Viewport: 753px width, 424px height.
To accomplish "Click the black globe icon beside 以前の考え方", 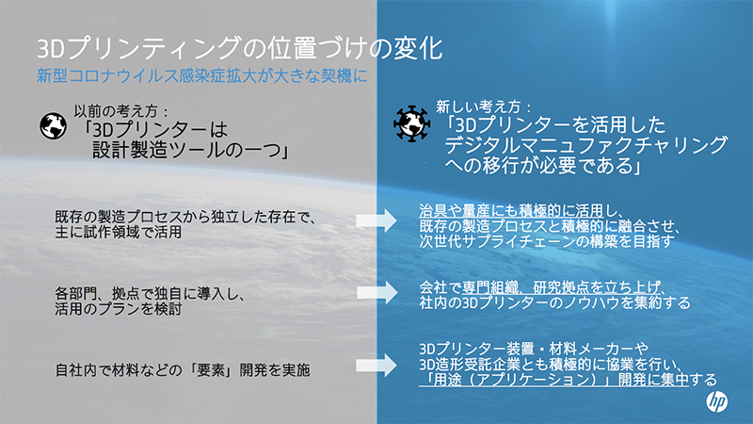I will (51, 122).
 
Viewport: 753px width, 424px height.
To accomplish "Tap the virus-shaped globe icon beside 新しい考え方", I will (410, 121).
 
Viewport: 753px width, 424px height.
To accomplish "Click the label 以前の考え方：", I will (121, 108).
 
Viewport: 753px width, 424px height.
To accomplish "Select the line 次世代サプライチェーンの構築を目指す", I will (545, 241).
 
